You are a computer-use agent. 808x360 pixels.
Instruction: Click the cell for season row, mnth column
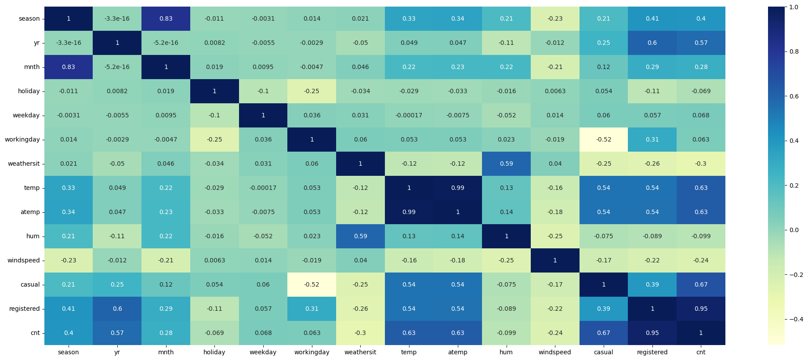[166, 19]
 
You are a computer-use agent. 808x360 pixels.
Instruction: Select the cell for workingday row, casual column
[604, 140]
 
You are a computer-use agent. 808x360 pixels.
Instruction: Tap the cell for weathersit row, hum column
[506, 164]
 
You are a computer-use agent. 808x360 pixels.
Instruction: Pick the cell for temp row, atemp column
[457, 188]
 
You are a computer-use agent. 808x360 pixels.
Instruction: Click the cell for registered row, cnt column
[701, 309]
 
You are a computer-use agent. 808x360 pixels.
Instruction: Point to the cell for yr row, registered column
[652, 43]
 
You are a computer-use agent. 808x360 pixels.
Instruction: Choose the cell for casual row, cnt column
[701, 285]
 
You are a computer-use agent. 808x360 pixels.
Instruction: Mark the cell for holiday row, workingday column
[312, 91]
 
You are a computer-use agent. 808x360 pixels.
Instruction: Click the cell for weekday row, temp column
[409, 116]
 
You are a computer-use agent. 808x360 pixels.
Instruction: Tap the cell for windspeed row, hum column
[506, 261]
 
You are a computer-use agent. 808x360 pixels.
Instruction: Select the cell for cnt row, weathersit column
[360, 333]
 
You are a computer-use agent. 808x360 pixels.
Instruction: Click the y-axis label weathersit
[24, 164]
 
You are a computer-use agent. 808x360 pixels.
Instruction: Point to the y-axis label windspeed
[24, 261]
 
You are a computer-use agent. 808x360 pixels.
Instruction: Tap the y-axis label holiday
[29, 91]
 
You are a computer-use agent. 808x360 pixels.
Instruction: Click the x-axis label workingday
[312, 353]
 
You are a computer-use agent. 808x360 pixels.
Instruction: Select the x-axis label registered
[652, 353]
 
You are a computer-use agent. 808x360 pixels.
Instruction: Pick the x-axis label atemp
[457, 353]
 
